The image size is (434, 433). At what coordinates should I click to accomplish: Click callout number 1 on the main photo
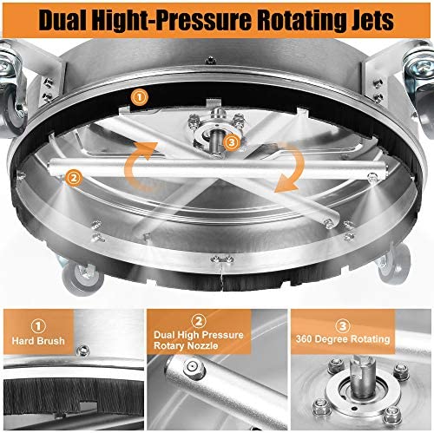click(x=140, y=97)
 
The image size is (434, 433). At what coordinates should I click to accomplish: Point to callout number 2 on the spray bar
click(x=74, y=178)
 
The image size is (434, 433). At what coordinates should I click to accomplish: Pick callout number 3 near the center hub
click(x=232, y=142)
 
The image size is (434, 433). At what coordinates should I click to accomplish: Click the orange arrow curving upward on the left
click(x=139, y=166)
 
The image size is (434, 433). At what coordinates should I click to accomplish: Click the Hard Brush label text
click(x=38, y=341)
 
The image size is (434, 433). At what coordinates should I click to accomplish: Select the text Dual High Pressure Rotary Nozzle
click(x=199, y=340)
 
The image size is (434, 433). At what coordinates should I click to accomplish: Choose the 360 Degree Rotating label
click(x=343, y=338)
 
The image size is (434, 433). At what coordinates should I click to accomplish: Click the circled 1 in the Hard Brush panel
click(x=38, y=326)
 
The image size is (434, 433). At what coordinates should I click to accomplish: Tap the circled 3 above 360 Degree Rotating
click(x=343, y=326)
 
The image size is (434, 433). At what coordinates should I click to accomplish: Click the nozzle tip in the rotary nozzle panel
click(x=192, y=368)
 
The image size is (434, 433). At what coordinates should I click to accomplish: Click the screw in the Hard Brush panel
click(x=83, y=351)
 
